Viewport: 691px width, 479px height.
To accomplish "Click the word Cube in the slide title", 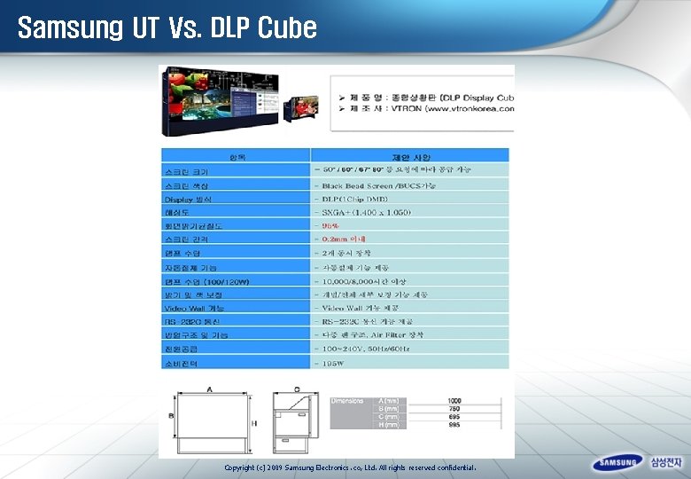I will [x=287, y=27].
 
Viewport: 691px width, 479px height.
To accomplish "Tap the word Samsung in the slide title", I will [x=70, y=27].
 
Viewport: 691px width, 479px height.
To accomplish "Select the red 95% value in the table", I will [x=330, y=225].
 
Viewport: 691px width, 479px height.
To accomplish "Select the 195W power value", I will [x=333, y=363].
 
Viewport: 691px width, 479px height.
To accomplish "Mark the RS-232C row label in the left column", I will [x=190, y=321].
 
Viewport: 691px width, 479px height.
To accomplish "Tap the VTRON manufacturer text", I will [x=425, y=108].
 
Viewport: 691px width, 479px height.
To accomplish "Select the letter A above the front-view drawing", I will [x=210, y=389].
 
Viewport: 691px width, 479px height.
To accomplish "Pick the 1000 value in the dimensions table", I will [x=454, y=401].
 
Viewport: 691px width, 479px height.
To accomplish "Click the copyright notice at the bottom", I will [x=350, y=467].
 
